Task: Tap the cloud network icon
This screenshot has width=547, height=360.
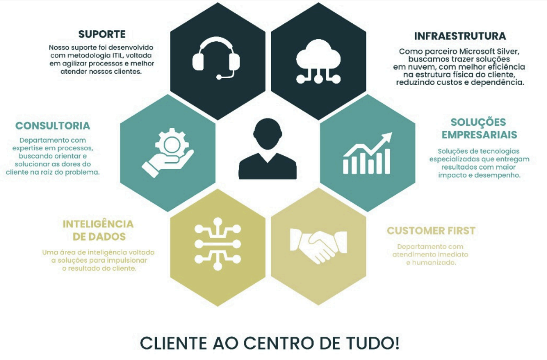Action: point(319,61)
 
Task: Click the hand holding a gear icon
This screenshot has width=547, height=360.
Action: point(168,152)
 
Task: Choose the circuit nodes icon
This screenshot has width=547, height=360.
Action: point(217,244)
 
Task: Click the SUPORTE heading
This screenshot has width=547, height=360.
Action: point(102,34)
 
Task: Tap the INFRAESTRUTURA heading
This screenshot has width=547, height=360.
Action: point(460,36)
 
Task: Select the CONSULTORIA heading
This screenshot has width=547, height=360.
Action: point(53,126)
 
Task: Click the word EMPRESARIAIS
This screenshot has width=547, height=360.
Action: point(479,135)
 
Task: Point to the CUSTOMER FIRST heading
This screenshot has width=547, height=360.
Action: point(431,231)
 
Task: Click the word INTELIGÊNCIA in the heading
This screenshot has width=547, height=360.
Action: point(98,224)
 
